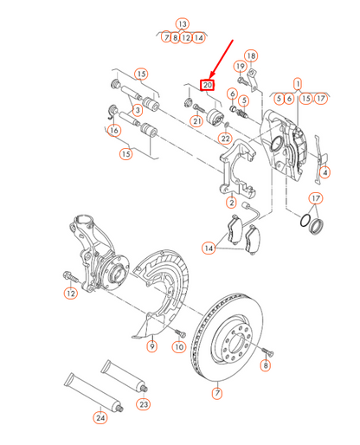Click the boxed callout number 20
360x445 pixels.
(x=207, y=85)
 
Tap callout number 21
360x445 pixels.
(x=196, y=121)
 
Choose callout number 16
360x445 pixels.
(x=112, y=131)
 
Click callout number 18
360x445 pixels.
(x=251, y=56)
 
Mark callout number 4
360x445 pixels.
(x=325, y=172)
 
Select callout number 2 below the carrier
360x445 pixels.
(x=231, y=203)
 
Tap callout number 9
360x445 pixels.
(x=151, y=346)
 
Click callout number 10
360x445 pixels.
(x=179, y=346)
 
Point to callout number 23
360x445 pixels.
(x=143, y=403)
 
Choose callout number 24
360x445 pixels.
(x=100, y=418)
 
